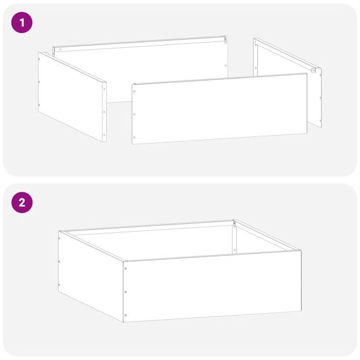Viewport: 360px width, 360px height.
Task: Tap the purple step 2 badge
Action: pyautogui.click(x=22, y=202)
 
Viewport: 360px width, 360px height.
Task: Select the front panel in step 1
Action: pyautogui.click(x=220, y=108)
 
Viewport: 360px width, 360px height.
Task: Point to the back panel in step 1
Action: pyautogui.click(x=138, y=54)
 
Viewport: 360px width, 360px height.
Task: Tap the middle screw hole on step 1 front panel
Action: pyautogui.click(x=134, y=115)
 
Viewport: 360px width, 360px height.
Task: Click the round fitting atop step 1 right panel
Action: pyautogui.click(x=313, y=71)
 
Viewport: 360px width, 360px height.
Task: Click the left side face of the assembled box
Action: pyautogui.click(x=90, y=272)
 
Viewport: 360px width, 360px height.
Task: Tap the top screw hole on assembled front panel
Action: pyautogui.click(x=125, y=268)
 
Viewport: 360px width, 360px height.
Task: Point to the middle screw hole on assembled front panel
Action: pyautogui.click(x=125, y=292)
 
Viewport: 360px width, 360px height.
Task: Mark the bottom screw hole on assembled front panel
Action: pyautogui.click(x=125, y=315)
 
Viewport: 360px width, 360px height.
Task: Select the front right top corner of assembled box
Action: pyautogui.click(x=301, y=251)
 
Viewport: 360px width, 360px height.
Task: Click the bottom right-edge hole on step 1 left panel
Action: pyautogui.click(x=104, y=134)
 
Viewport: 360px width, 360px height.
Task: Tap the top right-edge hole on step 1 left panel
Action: pyautogui.click(x=104, y=89)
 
